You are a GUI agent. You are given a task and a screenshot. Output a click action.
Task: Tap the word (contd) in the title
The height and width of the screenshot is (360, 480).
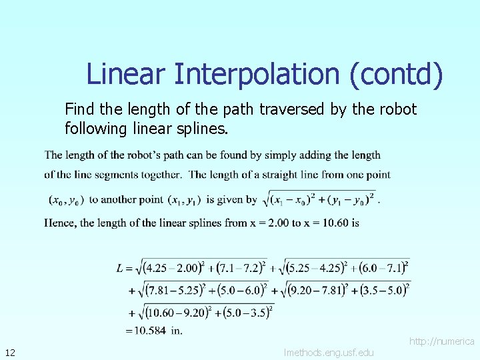click(395, 74)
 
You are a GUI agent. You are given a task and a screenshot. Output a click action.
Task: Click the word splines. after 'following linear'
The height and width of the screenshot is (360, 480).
click(203, 127)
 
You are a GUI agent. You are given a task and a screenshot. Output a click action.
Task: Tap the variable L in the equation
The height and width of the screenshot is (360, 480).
click(120, 268)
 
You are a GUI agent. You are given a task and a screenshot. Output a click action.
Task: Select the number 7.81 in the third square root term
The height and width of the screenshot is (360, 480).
click(156, 290)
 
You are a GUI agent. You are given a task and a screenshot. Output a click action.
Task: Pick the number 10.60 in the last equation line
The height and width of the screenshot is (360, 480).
click(160, 311)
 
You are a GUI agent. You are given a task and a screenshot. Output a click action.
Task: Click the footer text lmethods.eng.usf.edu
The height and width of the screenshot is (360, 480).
click(329, 352)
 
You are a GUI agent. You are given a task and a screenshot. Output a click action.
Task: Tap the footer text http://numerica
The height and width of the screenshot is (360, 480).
click(441, 341)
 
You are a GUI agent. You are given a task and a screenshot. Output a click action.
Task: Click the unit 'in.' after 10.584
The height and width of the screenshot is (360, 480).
click(177, 330)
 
